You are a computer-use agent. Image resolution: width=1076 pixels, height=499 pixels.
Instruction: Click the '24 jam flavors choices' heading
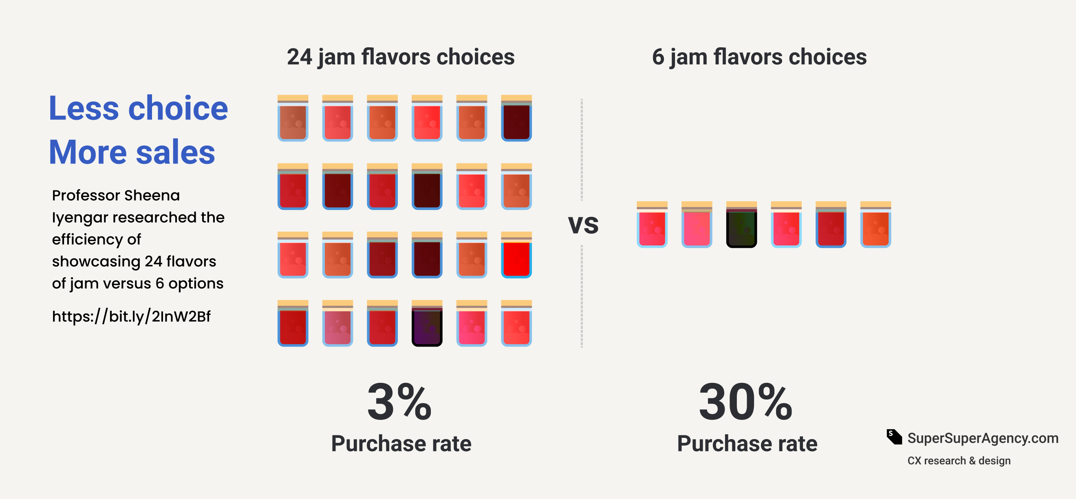[401, 57]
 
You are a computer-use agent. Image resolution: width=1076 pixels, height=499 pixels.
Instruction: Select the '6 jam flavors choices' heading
[759, 57]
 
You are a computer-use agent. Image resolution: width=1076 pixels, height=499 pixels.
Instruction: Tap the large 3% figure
[399, 402]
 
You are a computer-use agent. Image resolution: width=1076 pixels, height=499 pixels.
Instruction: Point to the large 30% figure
[745, 402]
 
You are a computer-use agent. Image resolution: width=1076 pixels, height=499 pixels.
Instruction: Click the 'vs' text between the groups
[583, 224]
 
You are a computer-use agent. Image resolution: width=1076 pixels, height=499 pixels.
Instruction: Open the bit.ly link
[131, 316]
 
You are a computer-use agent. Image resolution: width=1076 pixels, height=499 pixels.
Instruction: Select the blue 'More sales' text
[132, 152]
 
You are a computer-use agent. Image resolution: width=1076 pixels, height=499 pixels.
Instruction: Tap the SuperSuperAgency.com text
[982, 438]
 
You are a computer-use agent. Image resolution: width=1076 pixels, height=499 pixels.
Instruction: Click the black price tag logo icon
[894, 437]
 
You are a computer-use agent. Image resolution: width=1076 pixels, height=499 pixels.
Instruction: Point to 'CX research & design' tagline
[959, 461]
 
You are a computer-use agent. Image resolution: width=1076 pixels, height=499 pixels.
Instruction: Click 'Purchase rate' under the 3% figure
[401, 444]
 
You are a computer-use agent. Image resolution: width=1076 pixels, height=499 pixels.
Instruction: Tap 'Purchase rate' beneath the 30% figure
[747, 444]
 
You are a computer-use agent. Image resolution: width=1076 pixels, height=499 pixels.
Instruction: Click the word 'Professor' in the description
[85, 195]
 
